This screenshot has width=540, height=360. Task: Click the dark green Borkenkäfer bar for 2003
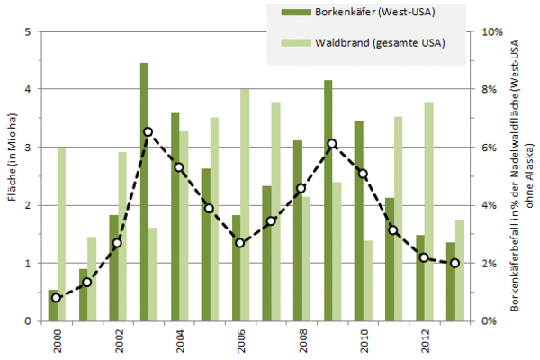pos(144,192)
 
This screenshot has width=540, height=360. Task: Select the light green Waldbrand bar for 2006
pos(245,204)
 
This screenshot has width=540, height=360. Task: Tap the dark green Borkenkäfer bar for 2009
pos(328,200)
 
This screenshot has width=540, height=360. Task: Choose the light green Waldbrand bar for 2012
pos(428,211)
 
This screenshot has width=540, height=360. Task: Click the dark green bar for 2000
pos(52,305)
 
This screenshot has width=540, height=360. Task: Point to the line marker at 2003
pos(148,131)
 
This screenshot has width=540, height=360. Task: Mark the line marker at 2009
pos(332,144)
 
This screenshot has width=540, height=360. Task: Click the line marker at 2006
pos(240,243)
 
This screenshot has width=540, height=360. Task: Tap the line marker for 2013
pos(454,263)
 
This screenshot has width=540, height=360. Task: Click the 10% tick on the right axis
pos(491,32)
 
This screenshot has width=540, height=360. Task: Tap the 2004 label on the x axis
pos(179,344)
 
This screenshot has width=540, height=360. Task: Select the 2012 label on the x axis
pos(424,344)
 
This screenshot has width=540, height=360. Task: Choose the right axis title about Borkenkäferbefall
pos(520,176)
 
